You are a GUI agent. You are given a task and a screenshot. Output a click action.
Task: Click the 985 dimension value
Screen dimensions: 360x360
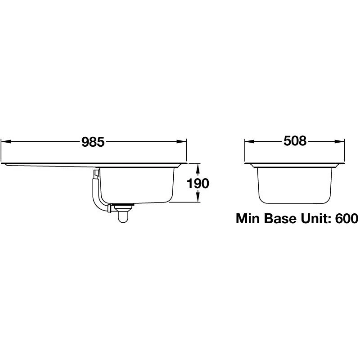(x=93, y=142)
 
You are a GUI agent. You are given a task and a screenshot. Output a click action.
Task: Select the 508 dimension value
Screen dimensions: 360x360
(x=295, y=141)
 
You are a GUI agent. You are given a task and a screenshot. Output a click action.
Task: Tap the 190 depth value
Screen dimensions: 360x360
(x=198, y=184)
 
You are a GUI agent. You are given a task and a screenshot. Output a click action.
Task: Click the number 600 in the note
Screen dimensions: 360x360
(x=346, y=218)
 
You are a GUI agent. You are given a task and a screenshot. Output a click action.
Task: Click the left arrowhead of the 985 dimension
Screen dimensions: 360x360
(x=6, y=142)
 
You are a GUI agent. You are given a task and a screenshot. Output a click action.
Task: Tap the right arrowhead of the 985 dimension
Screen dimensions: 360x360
(x=181, y=142)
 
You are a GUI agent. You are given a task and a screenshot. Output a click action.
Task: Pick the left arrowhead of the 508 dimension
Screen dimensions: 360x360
(x=250, y=142)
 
